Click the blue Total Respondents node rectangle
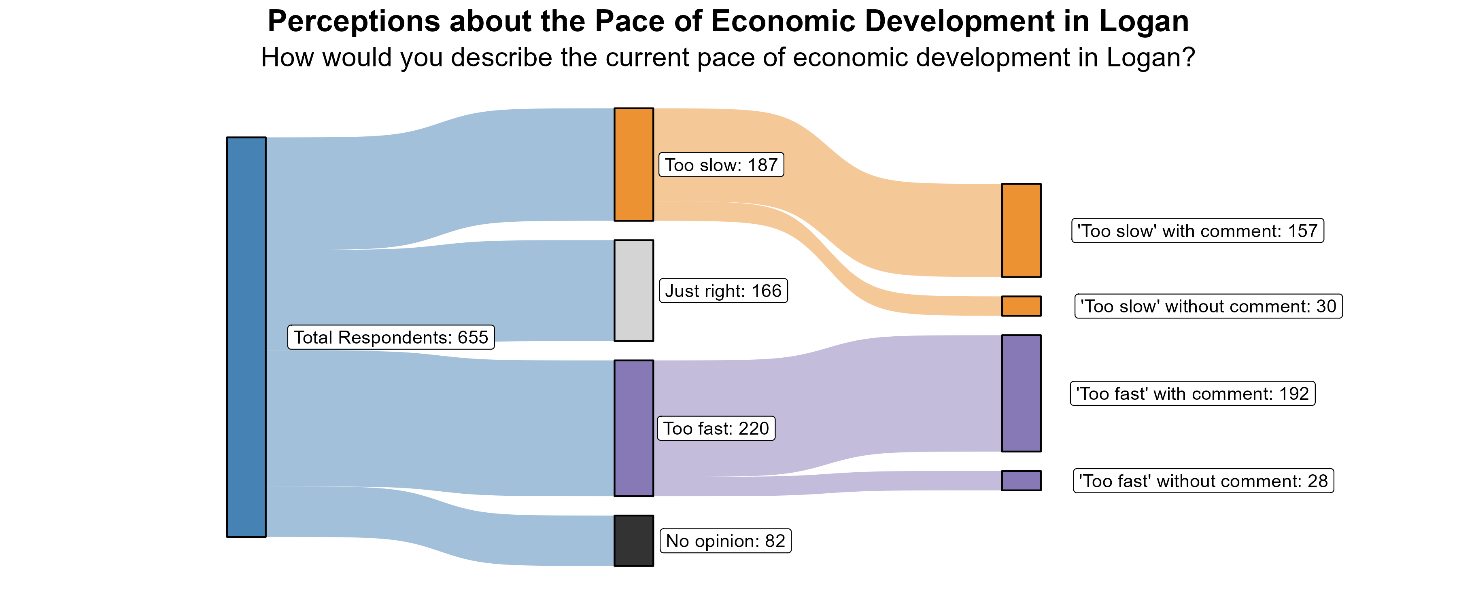pyautogui.click(x=246, y=337)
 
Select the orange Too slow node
pyautogui.click(x=633, y=164)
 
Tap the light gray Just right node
pyautogui.click(x=633, y=290)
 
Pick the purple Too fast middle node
pyautogui.click(x=633, y=428)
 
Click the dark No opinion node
pyautogui.click(x=633, y=540)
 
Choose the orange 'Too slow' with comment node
pyautogui.click(x=1021, y=230)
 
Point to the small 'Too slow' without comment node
pyautogui.click(x=1021, y=306)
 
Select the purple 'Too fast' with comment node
pyautogui.click(x=1021, y=393)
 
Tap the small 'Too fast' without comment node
pyautogui.click(x=1021, y=480)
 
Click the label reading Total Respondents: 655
pyautogui.click(x=391, y=337)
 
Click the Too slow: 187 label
pyautogui.click(x=721, y=165)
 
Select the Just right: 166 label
pyautogui.click(x=723, y=291)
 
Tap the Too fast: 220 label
pyautogui.click(x=716, y=428)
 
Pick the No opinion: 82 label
pyautogui.click(x=726, y=541)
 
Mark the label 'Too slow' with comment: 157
pyautogui.click(x=1198, y=231)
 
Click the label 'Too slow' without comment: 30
pyautogui.click(x=1208, y=306)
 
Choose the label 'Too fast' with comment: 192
pyautogui.click(x=1192, y=394)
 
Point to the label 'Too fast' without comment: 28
pyautogui.click(x=1203, y=481)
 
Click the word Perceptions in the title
pyautogui.click(x=353, y=21)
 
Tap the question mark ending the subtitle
pyautogui.click(x=1188, y=58)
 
